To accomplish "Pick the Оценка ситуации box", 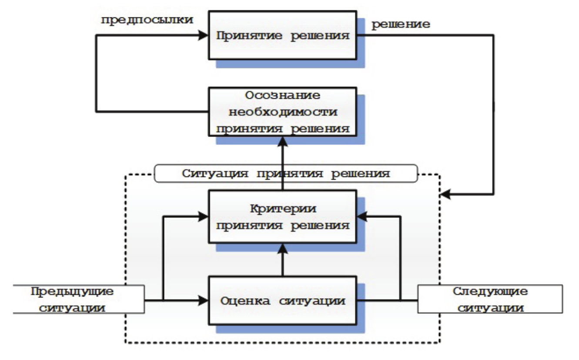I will [283, 300].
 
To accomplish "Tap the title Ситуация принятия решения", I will [285, 174].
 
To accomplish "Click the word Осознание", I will [283, 95].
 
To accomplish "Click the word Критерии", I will [283, 209].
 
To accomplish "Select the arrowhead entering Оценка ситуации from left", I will [204, 300].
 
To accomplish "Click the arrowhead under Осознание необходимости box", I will [283, 140].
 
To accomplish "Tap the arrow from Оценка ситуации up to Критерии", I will [283, 261].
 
